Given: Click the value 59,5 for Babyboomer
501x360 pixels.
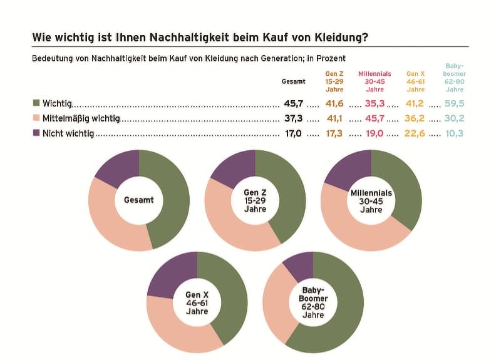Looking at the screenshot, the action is pos(455,103).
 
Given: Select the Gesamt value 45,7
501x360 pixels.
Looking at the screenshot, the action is pos(293,103).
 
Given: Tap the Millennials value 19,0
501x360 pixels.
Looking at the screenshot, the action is pos(374,133).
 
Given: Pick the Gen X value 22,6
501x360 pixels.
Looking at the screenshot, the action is pos(415,133).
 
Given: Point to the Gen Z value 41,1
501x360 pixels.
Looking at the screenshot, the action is pos(334,118).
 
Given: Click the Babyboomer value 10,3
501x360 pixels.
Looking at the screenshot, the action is pos(455,133).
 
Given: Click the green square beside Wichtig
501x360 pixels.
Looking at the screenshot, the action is pos(36,103).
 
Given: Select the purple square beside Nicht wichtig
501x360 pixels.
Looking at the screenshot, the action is pos(36,133).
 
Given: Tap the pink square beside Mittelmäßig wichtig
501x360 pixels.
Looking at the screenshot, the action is pos(36,118).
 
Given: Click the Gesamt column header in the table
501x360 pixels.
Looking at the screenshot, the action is pos(293,81).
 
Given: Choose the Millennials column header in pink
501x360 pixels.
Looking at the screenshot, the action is pos(374,81).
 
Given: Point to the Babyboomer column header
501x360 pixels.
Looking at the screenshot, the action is pos(455,78).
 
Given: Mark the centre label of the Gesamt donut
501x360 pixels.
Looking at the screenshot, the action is pos(138,200).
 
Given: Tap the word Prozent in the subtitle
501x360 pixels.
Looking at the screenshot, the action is pos(331,58).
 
